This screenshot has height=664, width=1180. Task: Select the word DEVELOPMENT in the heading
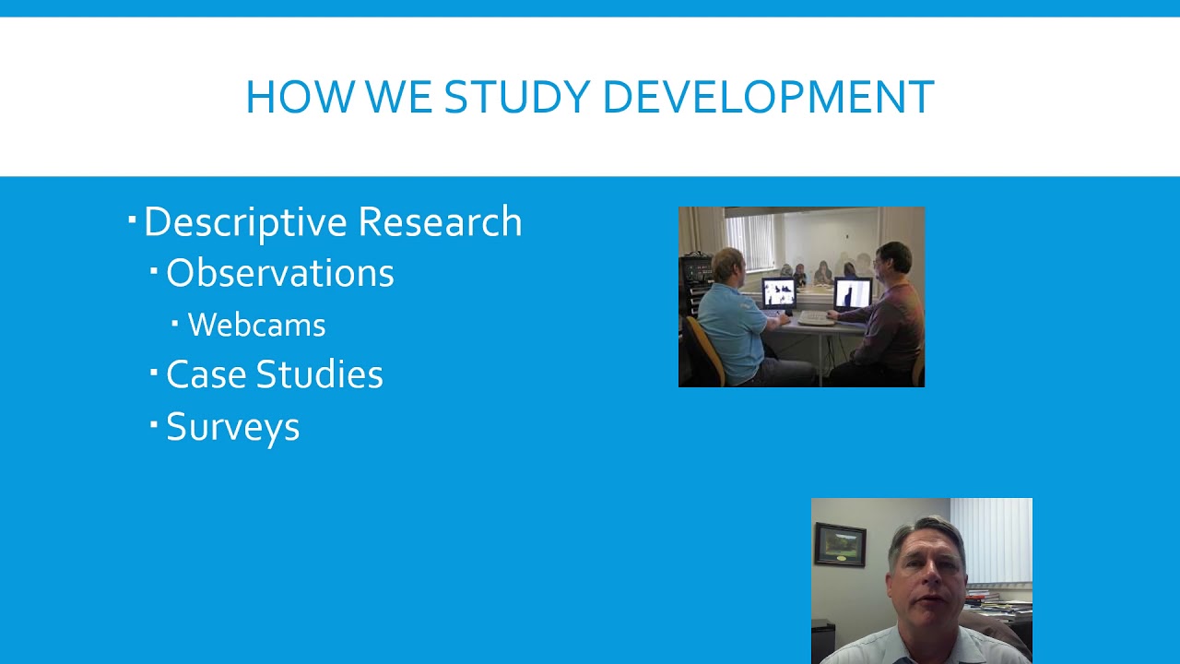pos(768,98)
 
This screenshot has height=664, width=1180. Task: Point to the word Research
pos(440,222)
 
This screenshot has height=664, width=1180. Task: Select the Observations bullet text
pos(279,273)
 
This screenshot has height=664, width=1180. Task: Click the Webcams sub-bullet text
pos(256,325)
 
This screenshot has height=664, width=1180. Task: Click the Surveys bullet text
pos(232,427)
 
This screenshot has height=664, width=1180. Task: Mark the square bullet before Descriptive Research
pos(133,219)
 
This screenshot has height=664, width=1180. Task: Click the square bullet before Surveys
pos(154,424)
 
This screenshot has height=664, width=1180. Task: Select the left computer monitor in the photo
pos(778,292)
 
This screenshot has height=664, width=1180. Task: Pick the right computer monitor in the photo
pos(853,293)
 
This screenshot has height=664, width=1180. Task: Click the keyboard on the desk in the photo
pos(816,318)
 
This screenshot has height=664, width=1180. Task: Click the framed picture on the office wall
pos(840,544)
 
